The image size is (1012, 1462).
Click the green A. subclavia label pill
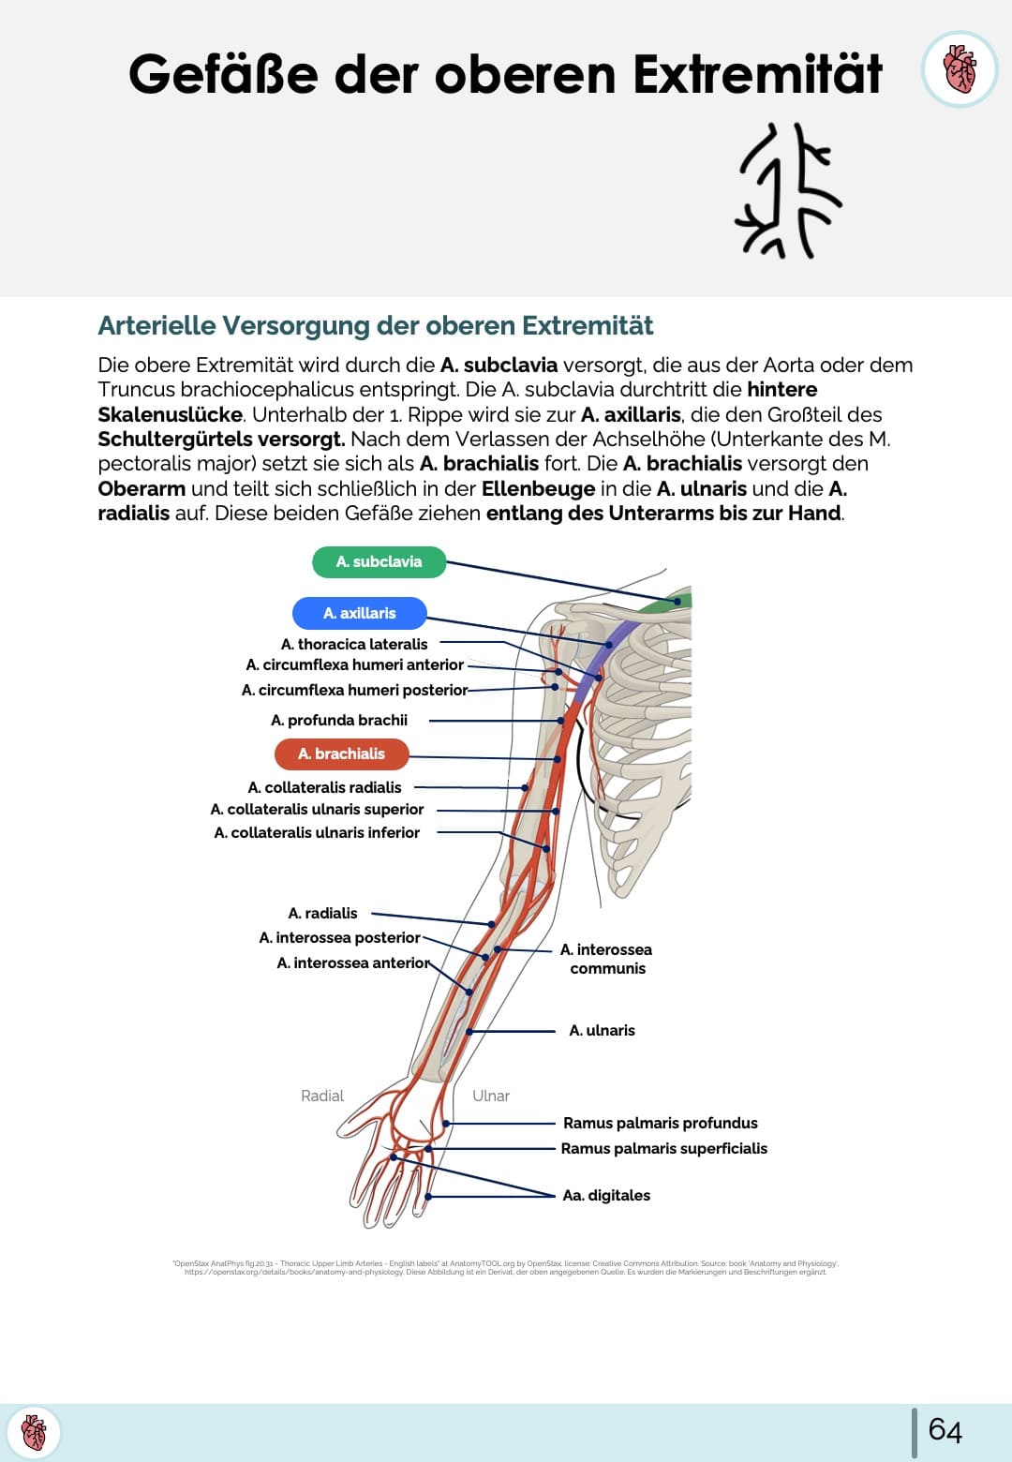[379, 561]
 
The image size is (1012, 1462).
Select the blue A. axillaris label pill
[359, 613]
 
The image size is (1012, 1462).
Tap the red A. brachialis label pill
[341, 753]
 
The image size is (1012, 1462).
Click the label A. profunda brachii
[339, 720]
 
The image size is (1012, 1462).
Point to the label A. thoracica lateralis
[354, 644]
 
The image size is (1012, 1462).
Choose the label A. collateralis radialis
[324, 787]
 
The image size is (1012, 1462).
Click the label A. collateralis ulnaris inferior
[317, 832]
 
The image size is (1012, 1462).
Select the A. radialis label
[322, 913]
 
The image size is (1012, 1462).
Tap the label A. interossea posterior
[339, 937]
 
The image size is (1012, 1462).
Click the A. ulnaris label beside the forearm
[602, 1030]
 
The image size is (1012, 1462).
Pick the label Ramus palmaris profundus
[660, 1123]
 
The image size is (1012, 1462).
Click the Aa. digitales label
[605, 1195]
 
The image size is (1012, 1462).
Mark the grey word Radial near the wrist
[322, 1096]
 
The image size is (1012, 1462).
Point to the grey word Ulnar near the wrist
[491, 1096]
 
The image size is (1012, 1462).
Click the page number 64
[945, 1430]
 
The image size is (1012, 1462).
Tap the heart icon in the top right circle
[960, 69]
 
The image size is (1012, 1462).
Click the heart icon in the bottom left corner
[34, 1432]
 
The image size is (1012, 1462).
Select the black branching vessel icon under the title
[788, 190]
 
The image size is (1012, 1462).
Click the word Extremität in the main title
[757, 75]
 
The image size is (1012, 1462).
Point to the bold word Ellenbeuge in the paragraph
[538, 488]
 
